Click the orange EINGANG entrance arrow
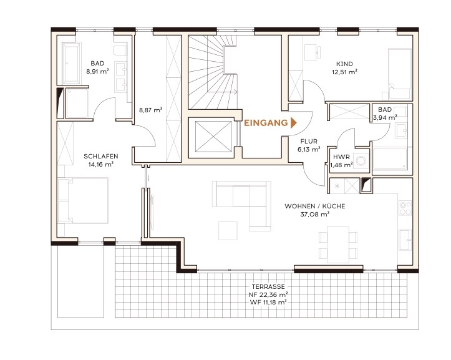pyautogui.click(x=293, y=123)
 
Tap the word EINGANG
pyautogui.click(x=266, y=123)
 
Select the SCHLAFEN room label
pyautogui.click(x=101, y=156)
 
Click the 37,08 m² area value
pyautogui.click(x=314, y=214)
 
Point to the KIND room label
pyautogui.click(x=344, y=64)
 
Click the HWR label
pyautogui.click(x=341, y=157)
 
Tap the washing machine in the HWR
pyautogui.click(x=361, y=160)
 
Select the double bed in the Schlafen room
pyautogui.click(x=83, y=200)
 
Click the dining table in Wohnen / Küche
pyautogui.click(x=338, y=245)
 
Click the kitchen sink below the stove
pyautogui.click(x=405, y=240)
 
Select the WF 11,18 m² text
pyautogui.click(x=268, y=302)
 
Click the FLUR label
pyautogui.click(x=309, y=141)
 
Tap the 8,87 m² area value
pyautogui.click(x=151, y=110)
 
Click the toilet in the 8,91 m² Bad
pyautogui.click(x=120, y=51)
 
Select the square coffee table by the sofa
pyautogui.click(x=228, y=230)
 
